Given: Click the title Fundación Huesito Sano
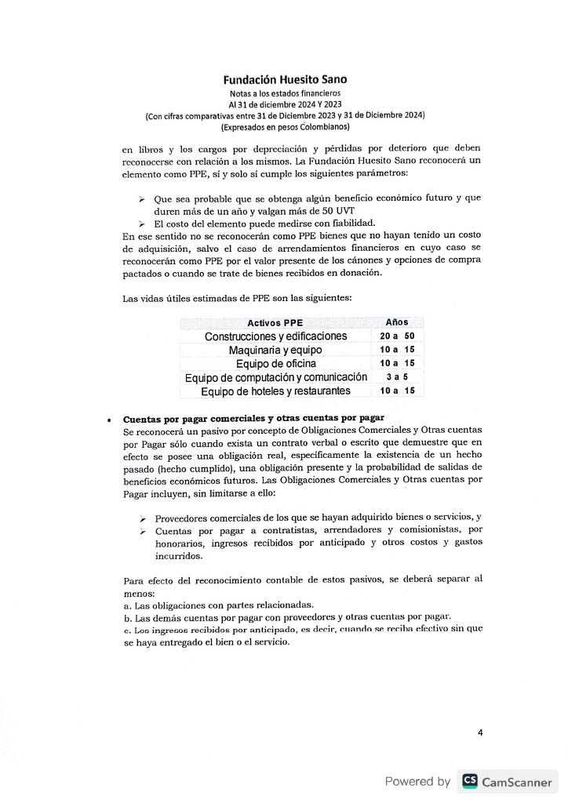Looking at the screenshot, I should point(285,79).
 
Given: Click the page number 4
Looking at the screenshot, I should point(480,733).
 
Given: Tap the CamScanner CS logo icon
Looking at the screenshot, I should point(470,781).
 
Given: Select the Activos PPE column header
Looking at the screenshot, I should point(275,323).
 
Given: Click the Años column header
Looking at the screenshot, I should point(397,322).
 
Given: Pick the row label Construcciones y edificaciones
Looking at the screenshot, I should point(275,336).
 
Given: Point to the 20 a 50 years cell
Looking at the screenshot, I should point(397,336).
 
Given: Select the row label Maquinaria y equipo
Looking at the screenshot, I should point(275,350).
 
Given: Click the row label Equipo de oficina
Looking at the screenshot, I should point(276,363).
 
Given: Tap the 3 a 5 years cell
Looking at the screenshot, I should point(397,376).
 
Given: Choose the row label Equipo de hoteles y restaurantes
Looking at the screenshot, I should point(275,391).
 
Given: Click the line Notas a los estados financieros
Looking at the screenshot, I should point(285,93).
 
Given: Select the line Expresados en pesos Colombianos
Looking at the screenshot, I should point(285,126).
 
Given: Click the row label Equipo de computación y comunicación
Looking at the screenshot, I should point(276,377).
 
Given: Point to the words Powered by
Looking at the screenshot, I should point(417,781).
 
